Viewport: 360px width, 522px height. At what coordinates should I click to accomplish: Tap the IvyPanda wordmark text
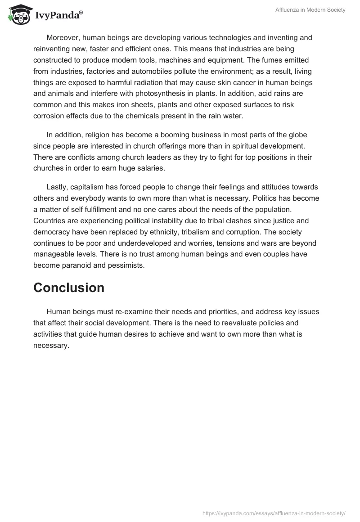(58, 15)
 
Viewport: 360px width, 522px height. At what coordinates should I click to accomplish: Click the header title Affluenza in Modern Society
(310, 10)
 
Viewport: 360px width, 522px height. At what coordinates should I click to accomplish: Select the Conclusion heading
(69, 288)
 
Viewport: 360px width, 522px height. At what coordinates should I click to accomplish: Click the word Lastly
(57, 187)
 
